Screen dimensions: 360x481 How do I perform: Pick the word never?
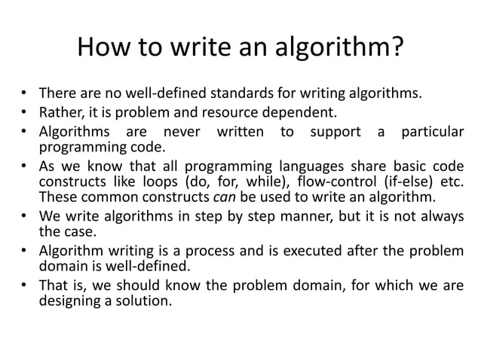click(185, 133)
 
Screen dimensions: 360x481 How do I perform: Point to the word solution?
click(146, 302)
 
